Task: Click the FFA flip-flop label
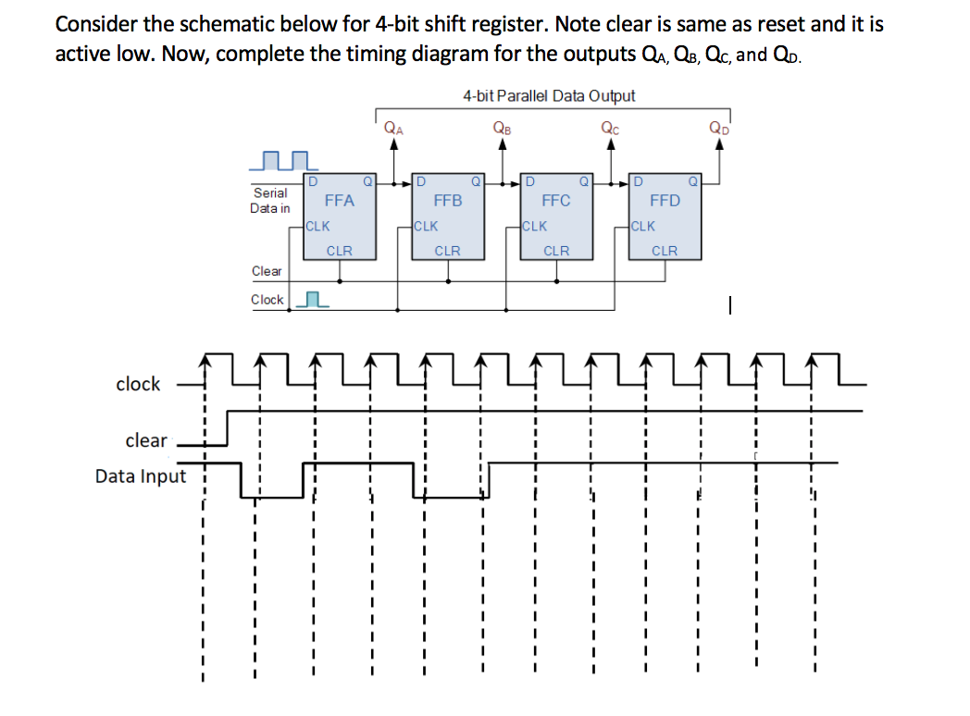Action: coord(340,200)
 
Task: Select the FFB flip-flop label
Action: coord(448,200)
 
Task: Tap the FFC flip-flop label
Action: coord(556,200)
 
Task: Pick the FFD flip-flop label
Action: coord(665,200)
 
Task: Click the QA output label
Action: coord(393,129)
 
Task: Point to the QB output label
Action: coord(503,129)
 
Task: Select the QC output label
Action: coord(611,129)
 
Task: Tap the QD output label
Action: coord(719,129)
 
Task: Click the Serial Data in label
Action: coord(269,201)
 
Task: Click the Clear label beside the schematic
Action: coord(267,271)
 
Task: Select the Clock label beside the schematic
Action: coord(267,300)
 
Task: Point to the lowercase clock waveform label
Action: coord(138,384)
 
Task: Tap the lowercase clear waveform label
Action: coord(146,440)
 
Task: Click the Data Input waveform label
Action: coord(141,476)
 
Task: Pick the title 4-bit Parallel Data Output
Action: coord(549,95)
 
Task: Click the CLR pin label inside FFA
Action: coord(340,251)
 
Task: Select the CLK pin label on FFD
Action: coord(642,226)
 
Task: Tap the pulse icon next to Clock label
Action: coord(315,300)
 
